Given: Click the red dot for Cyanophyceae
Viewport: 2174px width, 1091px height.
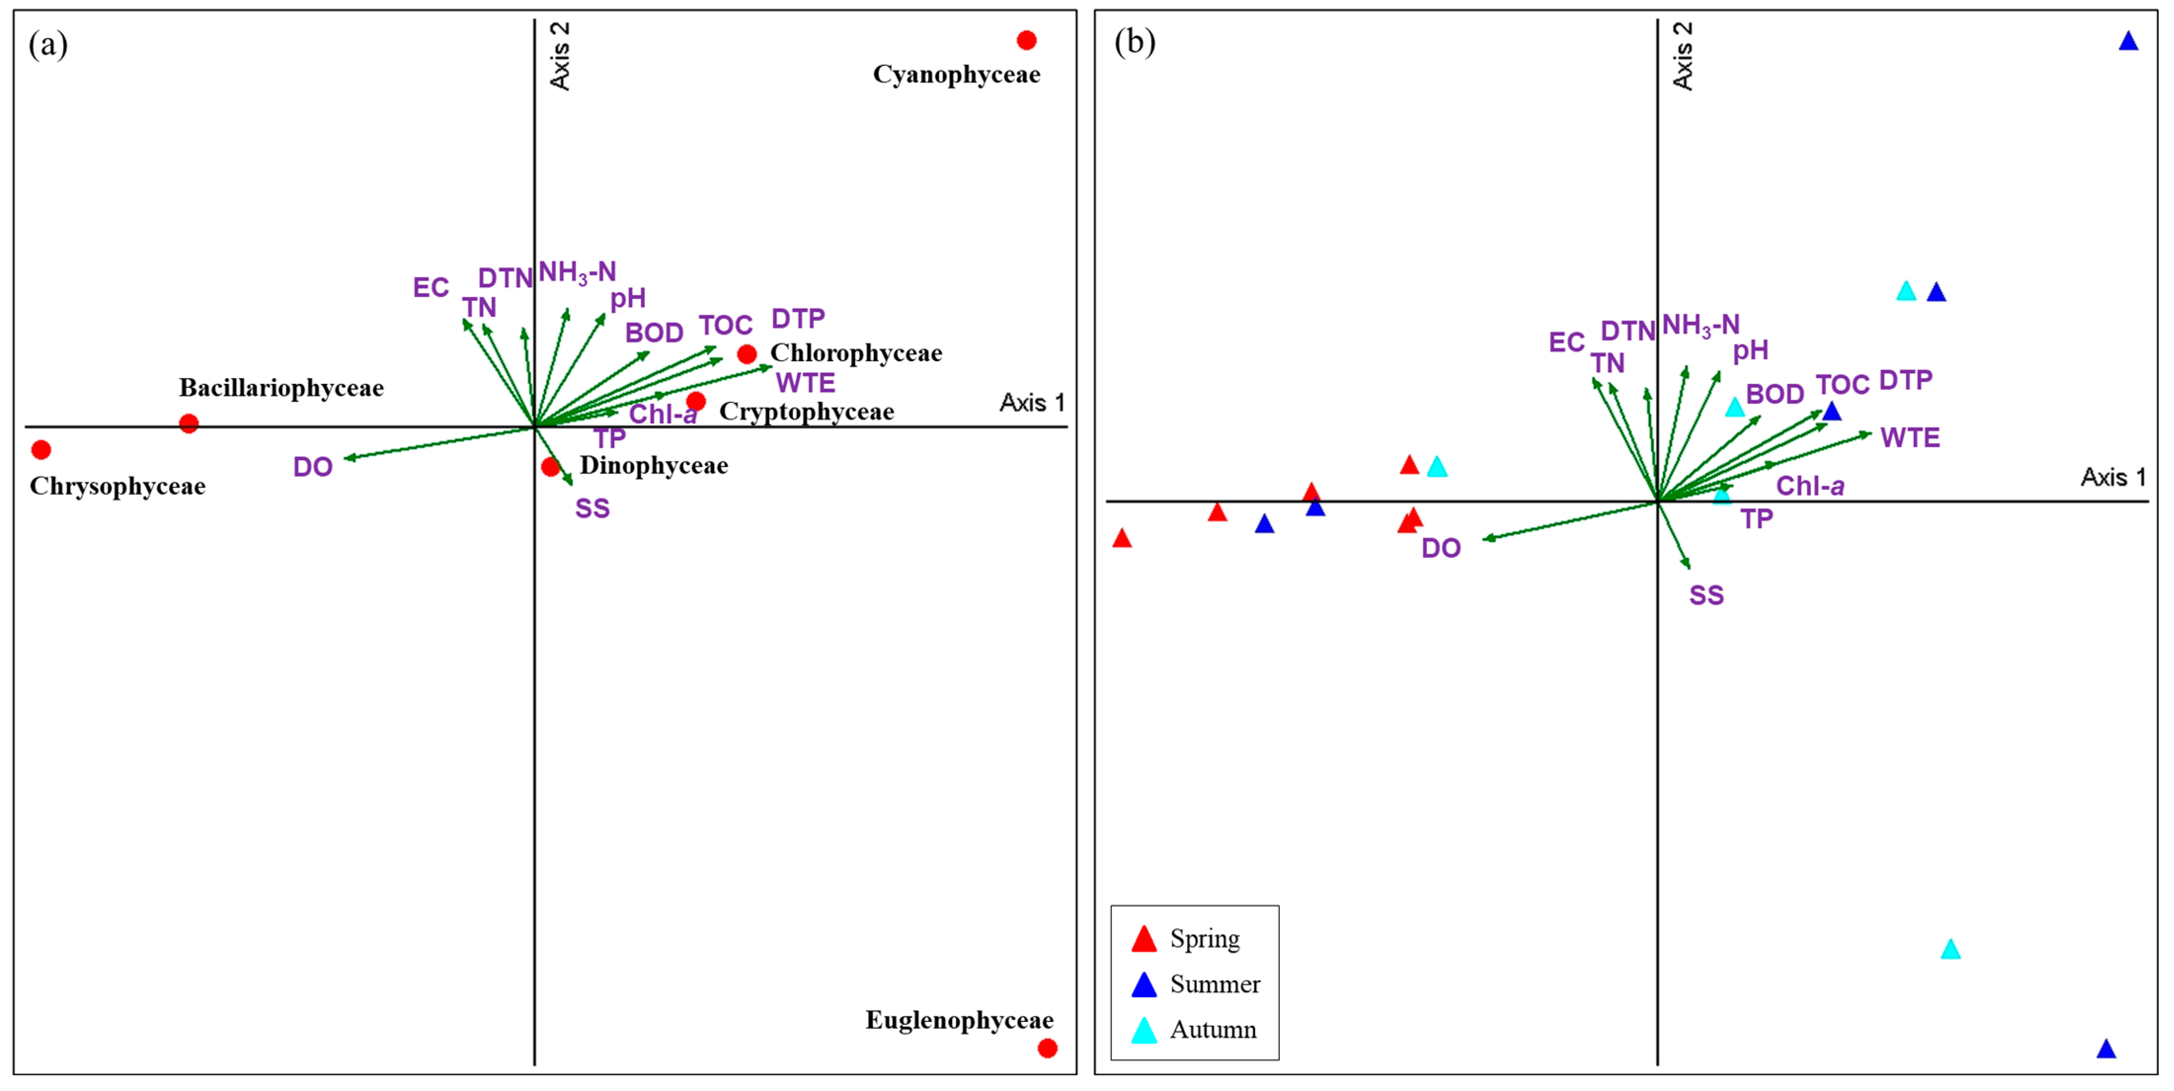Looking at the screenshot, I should point(1026,40).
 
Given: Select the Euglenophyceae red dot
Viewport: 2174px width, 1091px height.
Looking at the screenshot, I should point(1047,1048).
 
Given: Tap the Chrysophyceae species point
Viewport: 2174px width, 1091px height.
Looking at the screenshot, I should point(40,449).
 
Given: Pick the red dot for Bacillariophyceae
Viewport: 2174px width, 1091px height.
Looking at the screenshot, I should point(189,423).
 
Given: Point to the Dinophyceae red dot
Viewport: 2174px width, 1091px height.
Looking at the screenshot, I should point(550,466).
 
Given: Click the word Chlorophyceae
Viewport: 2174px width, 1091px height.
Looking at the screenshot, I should point(856,353).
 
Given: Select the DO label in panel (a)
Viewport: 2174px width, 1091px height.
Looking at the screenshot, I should point(312,467).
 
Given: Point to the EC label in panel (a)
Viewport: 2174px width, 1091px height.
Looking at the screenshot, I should point(431,288).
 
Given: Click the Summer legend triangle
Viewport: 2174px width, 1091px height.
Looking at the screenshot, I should point(1144,985).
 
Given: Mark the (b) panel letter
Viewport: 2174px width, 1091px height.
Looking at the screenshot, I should point(1134,42).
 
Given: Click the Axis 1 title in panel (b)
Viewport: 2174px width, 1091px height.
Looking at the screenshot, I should point(2112,477).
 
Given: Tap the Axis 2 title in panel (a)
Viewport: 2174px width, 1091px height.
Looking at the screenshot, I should point(559,56).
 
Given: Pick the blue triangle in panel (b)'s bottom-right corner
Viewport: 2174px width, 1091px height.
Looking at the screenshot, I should point(2106,1049).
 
